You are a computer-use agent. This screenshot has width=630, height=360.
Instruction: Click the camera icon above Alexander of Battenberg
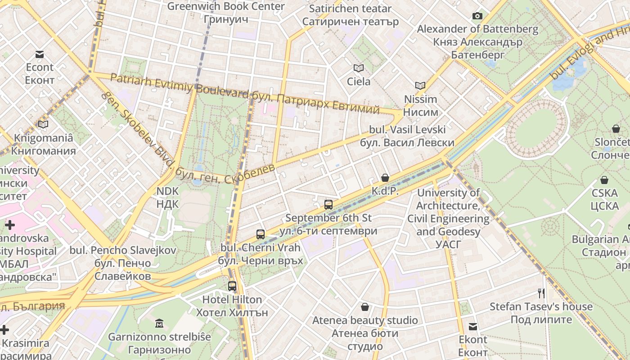tap(477, 16)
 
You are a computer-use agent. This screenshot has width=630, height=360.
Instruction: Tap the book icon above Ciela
tap(359, 68)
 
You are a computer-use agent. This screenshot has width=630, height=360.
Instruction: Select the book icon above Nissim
tap(420, 85)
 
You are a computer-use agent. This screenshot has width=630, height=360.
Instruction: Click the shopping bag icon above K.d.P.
tap(385, 178)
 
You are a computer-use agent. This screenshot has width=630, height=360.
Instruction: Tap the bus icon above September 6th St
tap(328, 205)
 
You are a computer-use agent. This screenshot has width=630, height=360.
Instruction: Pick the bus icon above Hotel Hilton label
tap(232, 286)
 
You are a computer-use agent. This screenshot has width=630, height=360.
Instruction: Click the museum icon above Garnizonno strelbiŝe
tap(159, 323)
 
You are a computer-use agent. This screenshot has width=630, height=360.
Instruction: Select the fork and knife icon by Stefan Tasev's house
tap(541, 293)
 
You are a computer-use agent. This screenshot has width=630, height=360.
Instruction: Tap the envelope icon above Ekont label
tap(473, 327)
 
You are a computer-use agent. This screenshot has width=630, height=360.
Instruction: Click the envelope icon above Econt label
tap(40, 54)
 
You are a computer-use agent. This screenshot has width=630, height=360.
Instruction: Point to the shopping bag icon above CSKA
tap(604, 180)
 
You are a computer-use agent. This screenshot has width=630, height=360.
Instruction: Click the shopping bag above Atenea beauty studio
tap(365, 307)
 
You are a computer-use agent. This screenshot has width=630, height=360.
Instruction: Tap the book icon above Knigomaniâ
tap(43, 124)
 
